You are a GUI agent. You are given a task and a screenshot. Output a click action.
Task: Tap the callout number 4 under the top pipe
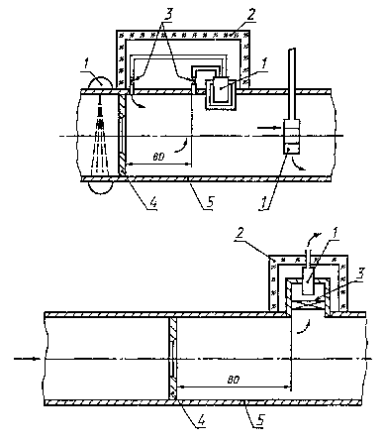coord(151,202)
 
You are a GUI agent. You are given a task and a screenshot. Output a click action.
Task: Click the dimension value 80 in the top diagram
coord(158,157)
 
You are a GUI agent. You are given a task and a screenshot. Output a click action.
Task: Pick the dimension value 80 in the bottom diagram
coord(234,380)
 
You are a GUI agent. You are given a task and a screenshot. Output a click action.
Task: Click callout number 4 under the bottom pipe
coord(201,421)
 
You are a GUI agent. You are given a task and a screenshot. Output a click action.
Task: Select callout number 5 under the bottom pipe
coord(259,421)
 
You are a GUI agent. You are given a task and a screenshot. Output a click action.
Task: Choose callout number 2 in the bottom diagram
coord(240,234)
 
